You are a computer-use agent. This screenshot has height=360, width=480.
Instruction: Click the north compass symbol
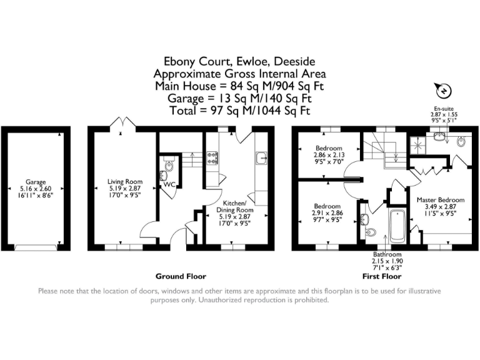click(442, 90)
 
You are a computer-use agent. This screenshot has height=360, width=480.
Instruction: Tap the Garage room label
click(36, 182)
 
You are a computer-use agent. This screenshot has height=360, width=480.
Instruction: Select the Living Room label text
click(125, 181)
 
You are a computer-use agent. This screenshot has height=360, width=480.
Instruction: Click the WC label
click(169, 184)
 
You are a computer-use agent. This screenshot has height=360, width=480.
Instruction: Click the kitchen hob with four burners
click(212, 158)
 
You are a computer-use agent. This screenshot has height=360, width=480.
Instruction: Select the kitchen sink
click(261, 158)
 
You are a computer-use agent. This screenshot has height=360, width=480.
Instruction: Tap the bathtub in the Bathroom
click(397, 226)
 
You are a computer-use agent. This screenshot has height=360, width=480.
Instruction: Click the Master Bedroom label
click(441, 200)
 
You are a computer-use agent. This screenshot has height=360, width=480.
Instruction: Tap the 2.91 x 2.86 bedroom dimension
click(327, 213)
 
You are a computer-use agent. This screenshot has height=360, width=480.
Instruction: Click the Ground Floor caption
click(181, 276)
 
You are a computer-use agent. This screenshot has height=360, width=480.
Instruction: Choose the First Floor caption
click(382, 276)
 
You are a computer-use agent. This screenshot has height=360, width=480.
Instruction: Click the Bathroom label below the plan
click(387, 254)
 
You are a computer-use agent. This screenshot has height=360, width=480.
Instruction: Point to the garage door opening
click(36, 247)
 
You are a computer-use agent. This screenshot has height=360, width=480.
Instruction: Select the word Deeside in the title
click(294, 61)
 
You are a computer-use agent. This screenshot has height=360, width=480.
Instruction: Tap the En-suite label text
click(444, 109)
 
